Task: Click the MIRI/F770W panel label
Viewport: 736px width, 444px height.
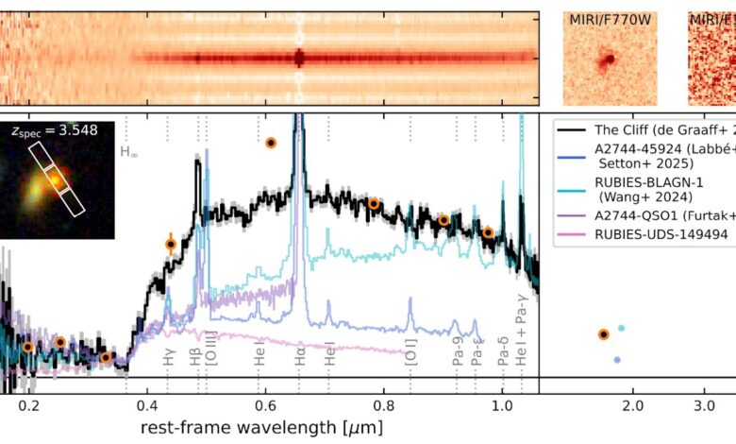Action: click(x=611, y=20)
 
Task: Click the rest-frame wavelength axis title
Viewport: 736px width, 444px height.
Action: click(x=261, y=427)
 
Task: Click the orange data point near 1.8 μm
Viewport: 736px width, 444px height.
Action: click(x=604, y=333)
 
